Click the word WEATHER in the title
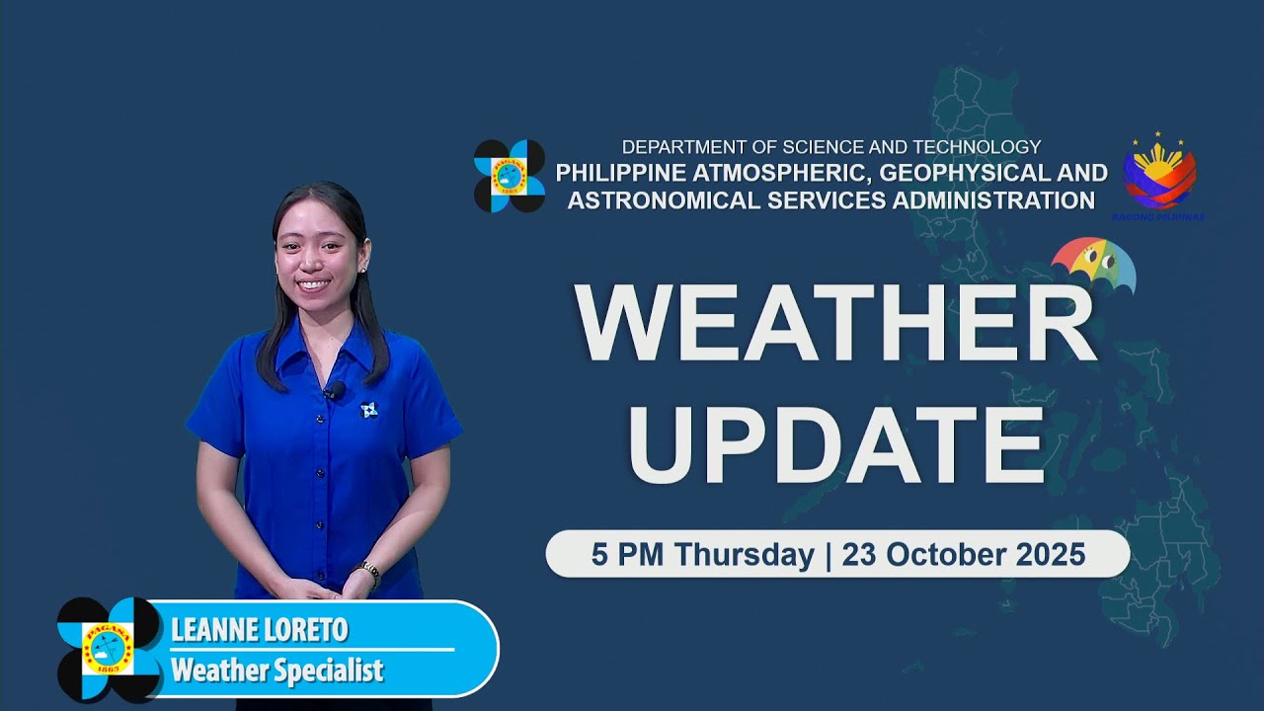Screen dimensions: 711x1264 tap(835, 324)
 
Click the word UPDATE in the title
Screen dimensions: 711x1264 tap(835, 440)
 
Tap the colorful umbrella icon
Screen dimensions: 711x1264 tap(1093, 266)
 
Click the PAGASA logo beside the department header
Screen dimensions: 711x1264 tap(509, 176)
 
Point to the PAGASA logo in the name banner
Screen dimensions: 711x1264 tap(109, 649)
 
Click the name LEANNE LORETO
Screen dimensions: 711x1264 tap(259, 630)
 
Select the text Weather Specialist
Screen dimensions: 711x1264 tap(276, 671)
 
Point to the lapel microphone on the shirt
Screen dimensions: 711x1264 tap(333, 392)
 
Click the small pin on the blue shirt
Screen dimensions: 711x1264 tap(369, 409)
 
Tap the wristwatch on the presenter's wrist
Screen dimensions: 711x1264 tap(369, 571)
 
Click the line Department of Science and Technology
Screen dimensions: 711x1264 tap(830, 147)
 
